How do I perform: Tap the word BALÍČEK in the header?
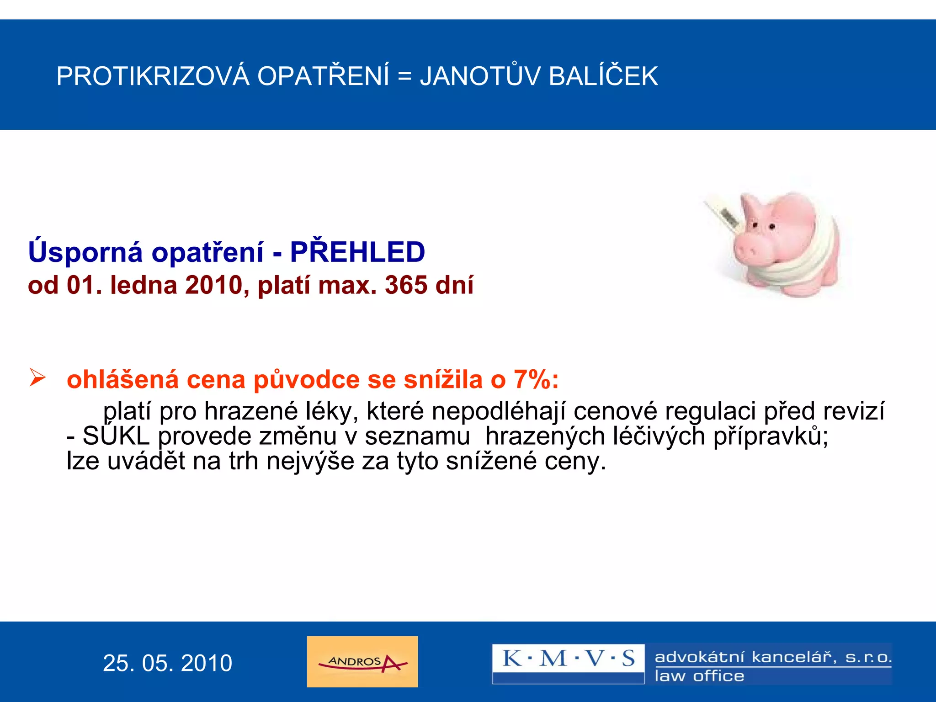pyautogui.click(x=603, y=76)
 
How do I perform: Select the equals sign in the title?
pyautogui.click(x=404, y=76)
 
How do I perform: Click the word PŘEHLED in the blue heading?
pyautogui.click(x=357, y=252)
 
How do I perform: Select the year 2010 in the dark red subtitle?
pyautogui.click(x=214, y=285)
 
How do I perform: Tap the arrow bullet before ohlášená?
pyautogui.click(x=37, y=378)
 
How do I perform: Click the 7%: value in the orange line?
pyautogui.click(x=536, y=379)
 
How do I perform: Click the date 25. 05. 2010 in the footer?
pyautogui.click(x=167, y=663)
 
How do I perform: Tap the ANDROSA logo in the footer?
pyautogui.click(x=362, y=661)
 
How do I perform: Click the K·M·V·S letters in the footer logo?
pyautogui.click(x=568, y=659)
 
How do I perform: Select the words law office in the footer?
pyautogui.click(x=699, y=676)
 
